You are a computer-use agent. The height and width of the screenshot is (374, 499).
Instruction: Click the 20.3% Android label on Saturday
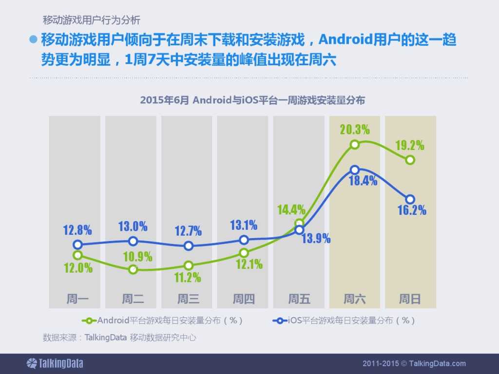click(355, 130)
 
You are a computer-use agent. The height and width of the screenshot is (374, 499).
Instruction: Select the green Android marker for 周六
click(355, 144)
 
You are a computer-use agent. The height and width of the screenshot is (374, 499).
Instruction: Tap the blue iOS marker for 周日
click(410, 199)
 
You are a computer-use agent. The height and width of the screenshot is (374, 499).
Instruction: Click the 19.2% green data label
click(409, 145)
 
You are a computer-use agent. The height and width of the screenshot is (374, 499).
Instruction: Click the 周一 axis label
click(77, 299)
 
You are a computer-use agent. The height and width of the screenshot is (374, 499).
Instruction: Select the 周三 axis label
click(188, 299)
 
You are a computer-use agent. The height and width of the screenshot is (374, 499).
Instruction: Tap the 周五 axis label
click(299, 299)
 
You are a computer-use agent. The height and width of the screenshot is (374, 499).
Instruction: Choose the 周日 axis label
click(410, 299)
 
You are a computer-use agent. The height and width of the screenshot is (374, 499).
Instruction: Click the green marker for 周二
click(133, 269)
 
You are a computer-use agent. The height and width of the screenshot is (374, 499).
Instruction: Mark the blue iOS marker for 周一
click(77, 244)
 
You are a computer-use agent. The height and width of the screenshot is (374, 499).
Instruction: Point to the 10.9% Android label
click(137, 257)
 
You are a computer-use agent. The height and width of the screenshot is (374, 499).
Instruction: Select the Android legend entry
click(163, 320)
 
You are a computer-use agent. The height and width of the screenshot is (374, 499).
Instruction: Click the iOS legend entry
click(344, 320)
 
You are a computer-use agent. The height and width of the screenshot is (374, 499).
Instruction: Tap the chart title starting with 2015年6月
click(252, 100)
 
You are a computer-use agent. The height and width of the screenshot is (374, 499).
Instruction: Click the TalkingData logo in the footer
click(55, 363)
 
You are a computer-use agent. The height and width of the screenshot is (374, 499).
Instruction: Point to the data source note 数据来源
click(119, 337)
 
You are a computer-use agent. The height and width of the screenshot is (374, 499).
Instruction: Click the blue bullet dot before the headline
click(34, 40)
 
